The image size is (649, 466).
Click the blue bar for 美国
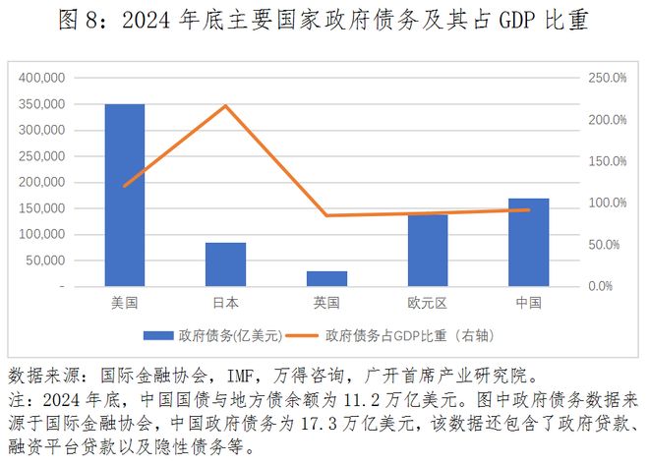tap(125, 195)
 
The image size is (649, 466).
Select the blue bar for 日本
tap(226, 263)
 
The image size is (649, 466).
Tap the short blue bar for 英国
tap(326, 278)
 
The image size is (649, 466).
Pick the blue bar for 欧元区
tap(428, 250)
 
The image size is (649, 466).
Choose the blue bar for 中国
tap(529, 242)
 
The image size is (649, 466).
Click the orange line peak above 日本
tap(226, 105)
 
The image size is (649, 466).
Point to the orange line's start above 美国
tap(125, 186)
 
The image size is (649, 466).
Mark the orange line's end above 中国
tap(529, 209)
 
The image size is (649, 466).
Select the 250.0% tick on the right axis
tap(607, 78)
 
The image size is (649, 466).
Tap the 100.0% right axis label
tap(607, 203)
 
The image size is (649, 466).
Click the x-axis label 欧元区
tap(428, 303)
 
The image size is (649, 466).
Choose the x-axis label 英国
tap(326, 303)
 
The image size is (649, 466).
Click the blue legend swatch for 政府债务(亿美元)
tap(156, 335)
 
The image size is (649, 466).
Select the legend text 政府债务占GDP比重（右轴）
tap(413, 335)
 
